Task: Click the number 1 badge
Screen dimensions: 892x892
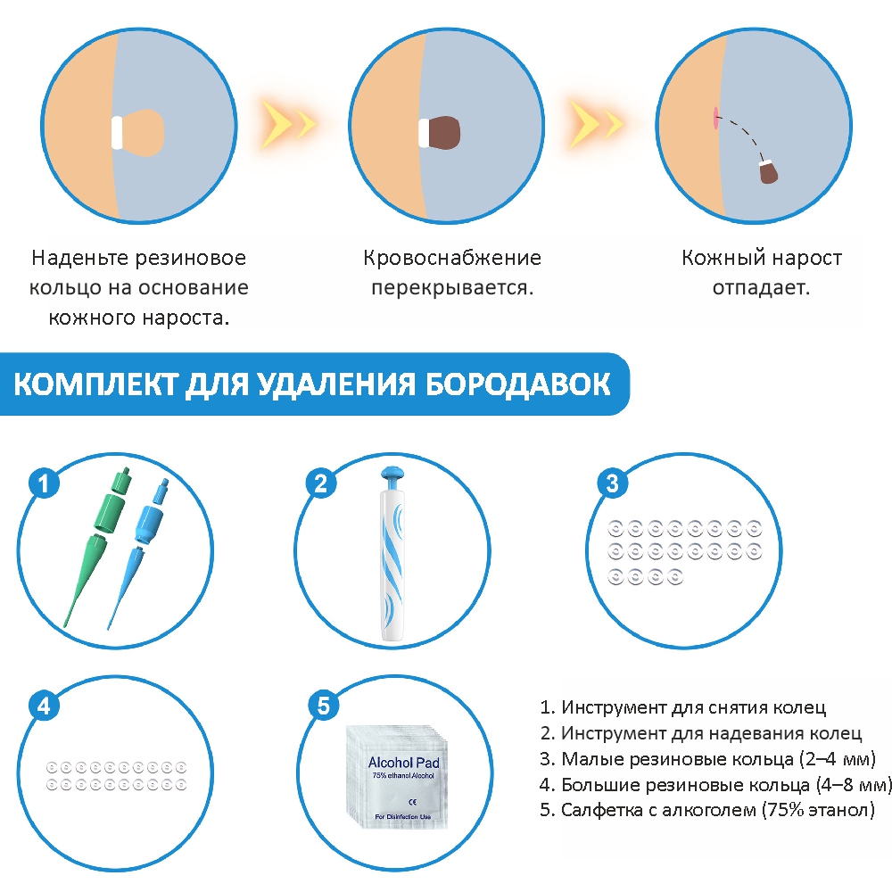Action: click(x=44, y=483)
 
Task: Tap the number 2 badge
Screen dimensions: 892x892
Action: click(x=321, y=483)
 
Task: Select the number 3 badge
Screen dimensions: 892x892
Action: click(x=612, y=483)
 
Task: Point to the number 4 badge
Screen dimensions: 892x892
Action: click(x=44, y=706)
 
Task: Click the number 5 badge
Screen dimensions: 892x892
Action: click(x=323, y=706)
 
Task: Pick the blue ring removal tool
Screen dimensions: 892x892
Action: click(x=139, y=552)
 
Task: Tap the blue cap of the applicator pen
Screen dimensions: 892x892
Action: click(x=393, y=476)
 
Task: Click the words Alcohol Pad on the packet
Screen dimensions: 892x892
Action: click(x=403, y=763)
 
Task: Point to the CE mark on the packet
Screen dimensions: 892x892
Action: click(x=412, y=802)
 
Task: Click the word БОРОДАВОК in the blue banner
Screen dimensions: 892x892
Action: click(x=517, y=384)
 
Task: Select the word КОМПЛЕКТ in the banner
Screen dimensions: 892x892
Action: click(x=95, y=384)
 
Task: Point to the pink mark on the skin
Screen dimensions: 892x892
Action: click(x=715, y=118)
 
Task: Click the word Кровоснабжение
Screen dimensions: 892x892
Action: click(x=452, y=259)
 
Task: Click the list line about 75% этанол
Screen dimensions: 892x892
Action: click(x=707, y=810)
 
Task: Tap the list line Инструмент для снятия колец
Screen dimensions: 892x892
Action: click(x=682, y=707)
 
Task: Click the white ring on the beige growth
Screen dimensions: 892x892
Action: click(x=117, y=133)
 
